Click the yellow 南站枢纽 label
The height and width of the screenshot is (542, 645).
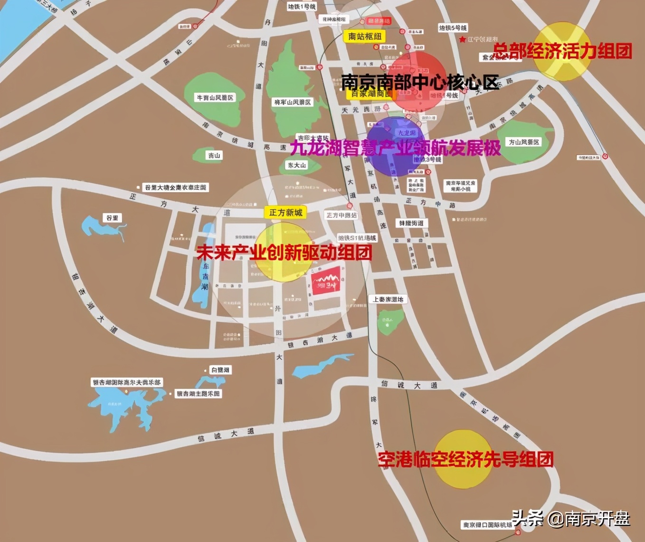click(x=364, y=36)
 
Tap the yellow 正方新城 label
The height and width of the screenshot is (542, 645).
click(x=285, y=213)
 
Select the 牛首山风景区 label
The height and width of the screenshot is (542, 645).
click(x=215, y=97)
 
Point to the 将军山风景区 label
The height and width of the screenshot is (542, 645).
click(x=293, y=102)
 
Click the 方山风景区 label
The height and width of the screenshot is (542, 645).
click(x=524, y=142)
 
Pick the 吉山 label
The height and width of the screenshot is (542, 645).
click(x=214, y=155)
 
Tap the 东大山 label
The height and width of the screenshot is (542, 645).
click(x=297, y=165)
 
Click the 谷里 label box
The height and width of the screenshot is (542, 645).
click(x=113, y=218)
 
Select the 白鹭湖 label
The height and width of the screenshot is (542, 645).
click(x=220, y=370)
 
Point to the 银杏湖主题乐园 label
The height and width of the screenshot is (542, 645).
click(x=199, y=394)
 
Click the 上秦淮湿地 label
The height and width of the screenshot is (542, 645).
click(x=388, y=299)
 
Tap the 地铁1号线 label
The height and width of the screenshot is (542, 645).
click(x=302, y=7)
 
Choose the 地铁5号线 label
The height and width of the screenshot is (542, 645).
click(x=453, y=28)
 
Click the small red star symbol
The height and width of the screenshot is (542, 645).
click(x=463, y=40)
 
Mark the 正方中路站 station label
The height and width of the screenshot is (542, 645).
click(x=341, y=215)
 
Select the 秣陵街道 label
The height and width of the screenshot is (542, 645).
click(x=411, y=223)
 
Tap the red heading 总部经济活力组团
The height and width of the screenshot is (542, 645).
click(x=562, y=51)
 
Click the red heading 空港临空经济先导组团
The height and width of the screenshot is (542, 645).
click(x=465, y=459)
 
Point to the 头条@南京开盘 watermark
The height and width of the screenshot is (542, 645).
click(x=570, y=518)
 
